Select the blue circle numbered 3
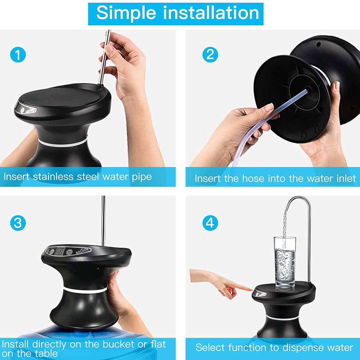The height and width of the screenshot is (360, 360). point(18,223)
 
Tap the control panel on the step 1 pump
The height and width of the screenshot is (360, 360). point(26,108)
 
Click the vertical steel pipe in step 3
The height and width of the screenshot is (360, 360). point(103,220)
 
